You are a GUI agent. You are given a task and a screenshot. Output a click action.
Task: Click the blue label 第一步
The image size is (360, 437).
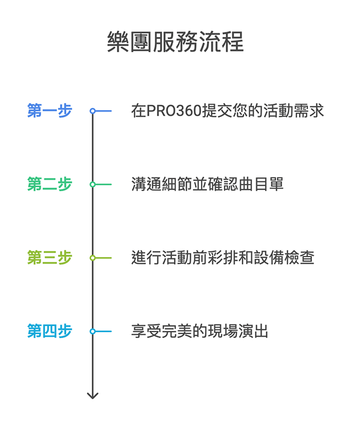[x=49, y=111]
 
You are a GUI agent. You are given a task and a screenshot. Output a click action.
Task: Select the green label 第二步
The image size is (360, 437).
[x=49, y=185]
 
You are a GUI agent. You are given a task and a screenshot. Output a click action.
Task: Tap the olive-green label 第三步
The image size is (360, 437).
[x=49, y=258]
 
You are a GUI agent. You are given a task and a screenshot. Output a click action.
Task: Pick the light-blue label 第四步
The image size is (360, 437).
[x=49, y=331]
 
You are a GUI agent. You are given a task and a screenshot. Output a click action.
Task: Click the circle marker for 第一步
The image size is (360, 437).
[x=92, y=111]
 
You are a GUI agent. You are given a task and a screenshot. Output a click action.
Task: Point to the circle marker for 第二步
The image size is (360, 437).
[x=92, y=185]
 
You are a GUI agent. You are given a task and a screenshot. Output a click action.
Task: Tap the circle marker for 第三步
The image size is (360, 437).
[x=92, y=258]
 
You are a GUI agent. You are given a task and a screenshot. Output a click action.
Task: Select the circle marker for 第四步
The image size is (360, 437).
[x=92, y=331]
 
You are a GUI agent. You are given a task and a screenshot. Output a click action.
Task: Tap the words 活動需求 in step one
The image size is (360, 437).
[x=294, y=111]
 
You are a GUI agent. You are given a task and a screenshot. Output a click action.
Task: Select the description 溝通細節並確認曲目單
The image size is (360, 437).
[x=207, y=185]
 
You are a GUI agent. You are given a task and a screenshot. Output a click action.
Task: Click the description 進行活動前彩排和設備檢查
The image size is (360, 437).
[x=223, y=258]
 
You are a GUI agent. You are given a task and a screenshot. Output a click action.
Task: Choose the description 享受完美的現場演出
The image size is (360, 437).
[x=199, y=331]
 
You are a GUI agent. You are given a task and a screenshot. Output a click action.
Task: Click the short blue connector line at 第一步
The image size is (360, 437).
[x=104, y=111]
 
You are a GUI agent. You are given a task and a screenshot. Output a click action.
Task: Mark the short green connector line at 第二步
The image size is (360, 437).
[x=104, y=185]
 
